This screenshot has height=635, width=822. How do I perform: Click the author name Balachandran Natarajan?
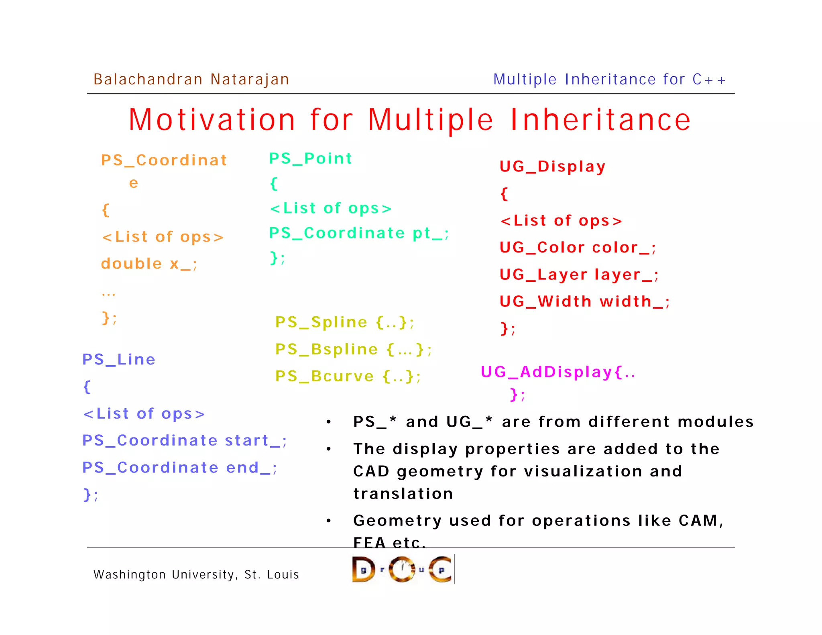(x=191, y=79)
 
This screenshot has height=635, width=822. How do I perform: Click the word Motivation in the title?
(x=212, y=120)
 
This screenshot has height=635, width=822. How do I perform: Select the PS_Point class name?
(x=310, y=159)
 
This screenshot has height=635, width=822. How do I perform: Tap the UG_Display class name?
(x=552, y=167)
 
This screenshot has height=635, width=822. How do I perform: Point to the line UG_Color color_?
(x=577, y=248)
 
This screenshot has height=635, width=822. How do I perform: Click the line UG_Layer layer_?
(x=578, y=275)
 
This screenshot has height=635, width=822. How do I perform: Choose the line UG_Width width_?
(x=584, y=301)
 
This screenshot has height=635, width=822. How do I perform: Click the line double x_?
(x=149, y=264)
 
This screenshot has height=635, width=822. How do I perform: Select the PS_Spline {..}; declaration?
(x=344, y=322)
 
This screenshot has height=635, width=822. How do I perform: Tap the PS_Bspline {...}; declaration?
(x=353, y=349)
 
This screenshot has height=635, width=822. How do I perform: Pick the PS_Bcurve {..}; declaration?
(x=348, y=376)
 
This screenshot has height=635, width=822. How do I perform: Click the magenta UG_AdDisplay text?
(x=557, y=372)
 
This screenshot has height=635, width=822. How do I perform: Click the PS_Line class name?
(x=119, y=359)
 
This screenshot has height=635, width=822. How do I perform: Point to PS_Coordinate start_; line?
(x=184, y=441)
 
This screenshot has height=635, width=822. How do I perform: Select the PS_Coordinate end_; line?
(x=179, y=468)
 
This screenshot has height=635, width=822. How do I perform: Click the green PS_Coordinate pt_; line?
(x=358, y=233)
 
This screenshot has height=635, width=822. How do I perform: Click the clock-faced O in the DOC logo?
(x=402, y=569)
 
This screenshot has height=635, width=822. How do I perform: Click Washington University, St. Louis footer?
(x=196, y=574)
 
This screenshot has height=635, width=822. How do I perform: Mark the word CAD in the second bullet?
(x=371, y=471)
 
